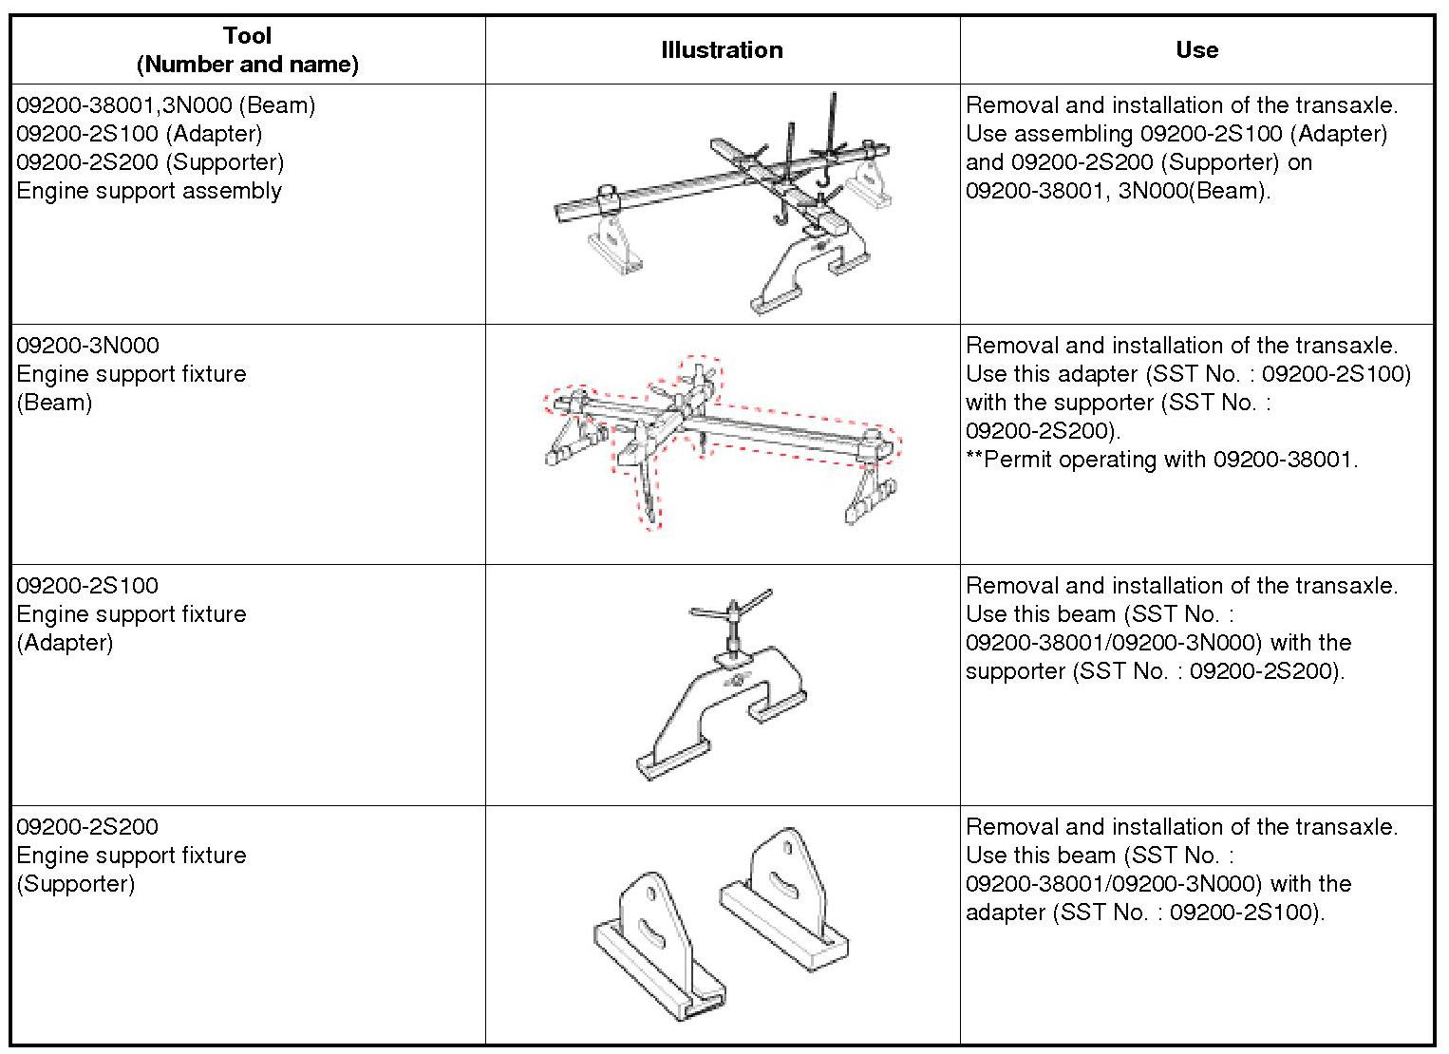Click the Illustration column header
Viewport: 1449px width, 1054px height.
point(722,50)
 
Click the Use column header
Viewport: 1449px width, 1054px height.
point(1196,50)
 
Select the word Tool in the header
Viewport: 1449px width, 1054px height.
point(247,36)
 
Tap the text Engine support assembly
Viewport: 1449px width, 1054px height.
point(149,191)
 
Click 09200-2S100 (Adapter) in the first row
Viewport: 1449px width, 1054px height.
point(139,134)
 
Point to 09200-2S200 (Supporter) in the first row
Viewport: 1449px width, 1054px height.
point(150,162)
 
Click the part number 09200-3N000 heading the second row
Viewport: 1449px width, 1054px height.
point(87,346)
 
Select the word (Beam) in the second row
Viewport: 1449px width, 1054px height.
point(54,403)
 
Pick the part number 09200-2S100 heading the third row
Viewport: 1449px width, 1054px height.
point(87,586)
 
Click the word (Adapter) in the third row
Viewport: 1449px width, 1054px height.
point(65,643)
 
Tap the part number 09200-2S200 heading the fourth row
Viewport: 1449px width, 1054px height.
point(87,827)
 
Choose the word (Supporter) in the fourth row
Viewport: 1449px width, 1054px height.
point(75,884)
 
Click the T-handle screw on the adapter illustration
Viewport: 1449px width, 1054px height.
point(733,617)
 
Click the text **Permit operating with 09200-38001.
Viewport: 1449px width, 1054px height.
point(1161,460)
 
